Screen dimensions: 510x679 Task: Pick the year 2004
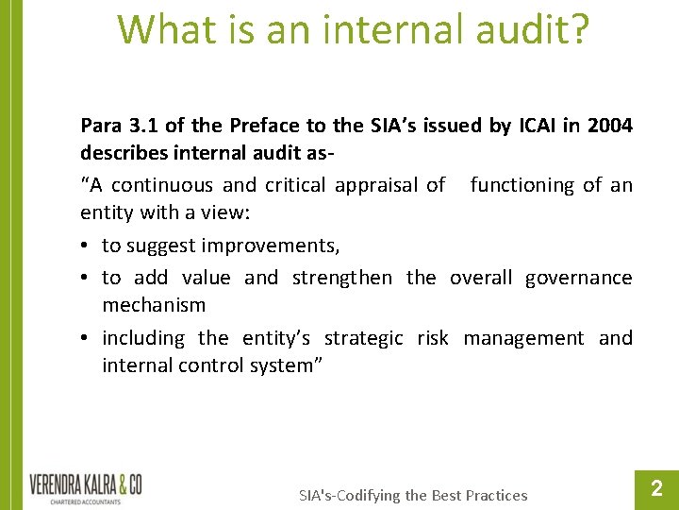tap(610, 126)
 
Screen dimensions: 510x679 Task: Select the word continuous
tap(170, 185)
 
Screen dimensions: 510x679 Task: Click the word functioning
tap(522, 185)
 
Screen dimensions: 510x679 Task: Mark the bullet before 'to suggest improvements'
tap(86, 246)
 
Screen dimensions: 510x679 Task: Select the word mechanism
tap(154, 305)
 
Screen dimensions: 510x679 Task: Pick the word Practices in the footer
tap(492, 495)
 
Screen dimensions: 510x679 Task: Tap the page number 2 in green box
tap(657, 488)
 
